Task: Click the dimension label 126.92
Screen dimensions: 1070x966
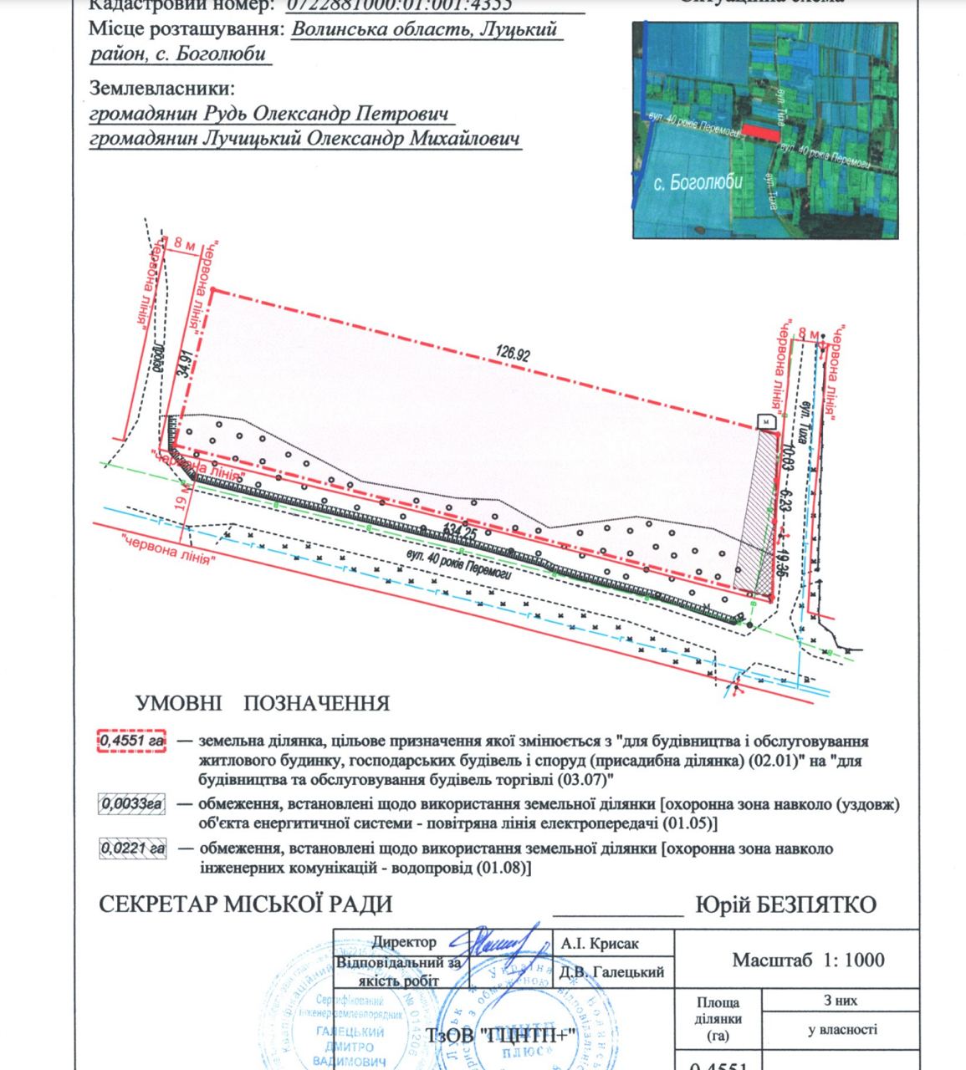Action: (x=513, y=354)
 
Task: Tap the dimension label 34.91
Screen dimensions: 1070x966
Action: (x=190, y=365)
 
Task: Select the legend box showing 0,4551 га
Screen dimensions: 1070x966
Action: (x=133, y=741)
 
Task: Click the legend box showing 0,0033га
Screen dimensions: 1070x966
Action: (x=132, y=805)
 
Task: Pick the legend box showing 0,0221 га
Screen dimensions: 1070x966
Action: (x=132, y=848)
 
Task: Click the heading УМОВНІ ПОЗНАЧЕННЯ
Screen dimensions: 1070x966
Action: (x=263, y=703)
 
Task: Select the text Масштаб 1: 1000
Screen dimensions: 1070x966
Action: (x=808, y=960)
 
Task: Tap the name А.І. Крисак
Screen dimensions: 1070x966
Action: (x=601, y=944)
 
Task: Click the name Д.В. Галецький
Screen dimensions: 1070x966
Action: (x=613, y=971)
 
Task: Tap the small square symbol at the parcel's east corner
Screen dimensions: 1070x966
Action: (x=764, y=422)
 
